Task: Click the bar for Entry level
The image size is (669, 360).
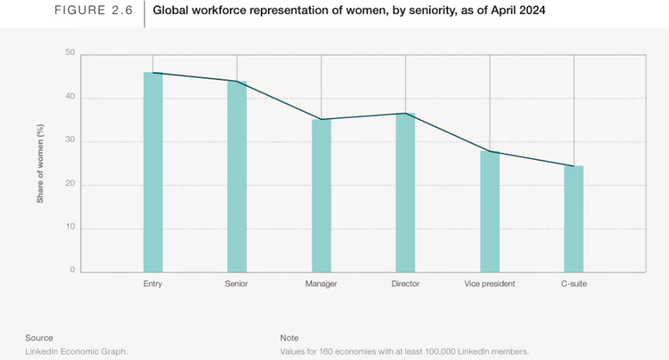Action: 153,172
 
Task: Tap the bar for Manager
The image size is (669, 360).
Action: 321,196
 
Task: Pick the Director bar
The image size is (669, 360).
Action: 405,192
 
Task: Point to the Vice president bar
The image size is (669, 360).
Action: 490,211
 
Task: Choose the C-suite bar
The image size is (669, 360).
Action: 574,218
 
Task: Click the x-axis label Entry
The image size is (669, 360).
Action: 153,284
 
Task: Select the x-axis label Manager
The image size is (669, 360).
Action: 321,284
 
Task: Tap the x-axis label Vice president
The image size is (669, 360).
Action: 490,284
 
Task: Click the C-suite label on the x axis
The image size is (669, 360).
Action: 574,284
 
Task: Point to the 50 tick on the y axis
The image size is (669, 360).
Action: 70,53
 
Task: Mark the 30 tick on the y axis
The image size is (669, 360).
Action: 70,141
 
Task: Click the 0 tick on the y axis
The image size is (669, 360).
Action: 72,270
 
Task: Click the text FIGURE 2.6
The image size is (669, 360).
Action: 93,12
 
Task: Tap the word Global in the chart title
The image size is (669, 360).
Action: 170,12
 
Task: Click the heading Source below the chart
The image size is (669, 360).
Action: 39,338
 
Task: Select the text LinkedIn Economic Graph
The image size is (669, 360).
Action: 76,351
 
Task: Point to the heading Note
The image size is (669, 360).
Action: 289,338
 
